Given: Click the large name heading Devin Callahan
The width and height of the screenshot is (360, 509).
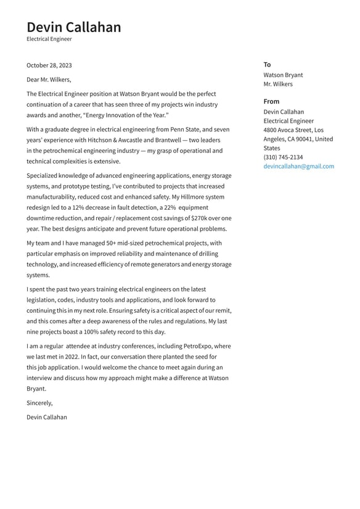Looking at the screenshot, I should (74, 27).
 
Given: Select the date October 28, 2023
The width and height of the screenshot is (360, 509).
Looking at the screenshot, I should (49, 65).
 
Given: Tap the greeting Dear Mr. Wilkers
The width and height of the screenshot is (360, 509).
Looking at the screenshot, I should (49, 79).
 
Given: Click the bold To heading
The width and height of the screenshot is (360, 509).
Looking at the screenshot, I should (267, 64).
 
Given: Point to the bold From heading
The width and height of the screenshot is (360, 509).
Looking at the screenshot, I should (271, 101).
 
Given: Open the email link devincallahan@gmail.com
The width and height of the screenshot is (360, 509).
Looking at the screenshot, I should (298, 166).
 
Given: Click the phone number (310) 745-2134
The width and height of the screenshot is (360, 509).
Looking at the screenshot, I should (283, 157).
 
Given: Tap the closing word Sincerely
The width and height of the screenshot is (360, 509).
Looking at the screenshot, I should (39, 403).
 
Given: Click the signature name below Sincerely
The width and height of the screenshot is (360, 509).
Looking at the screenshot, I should (47, 417).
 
